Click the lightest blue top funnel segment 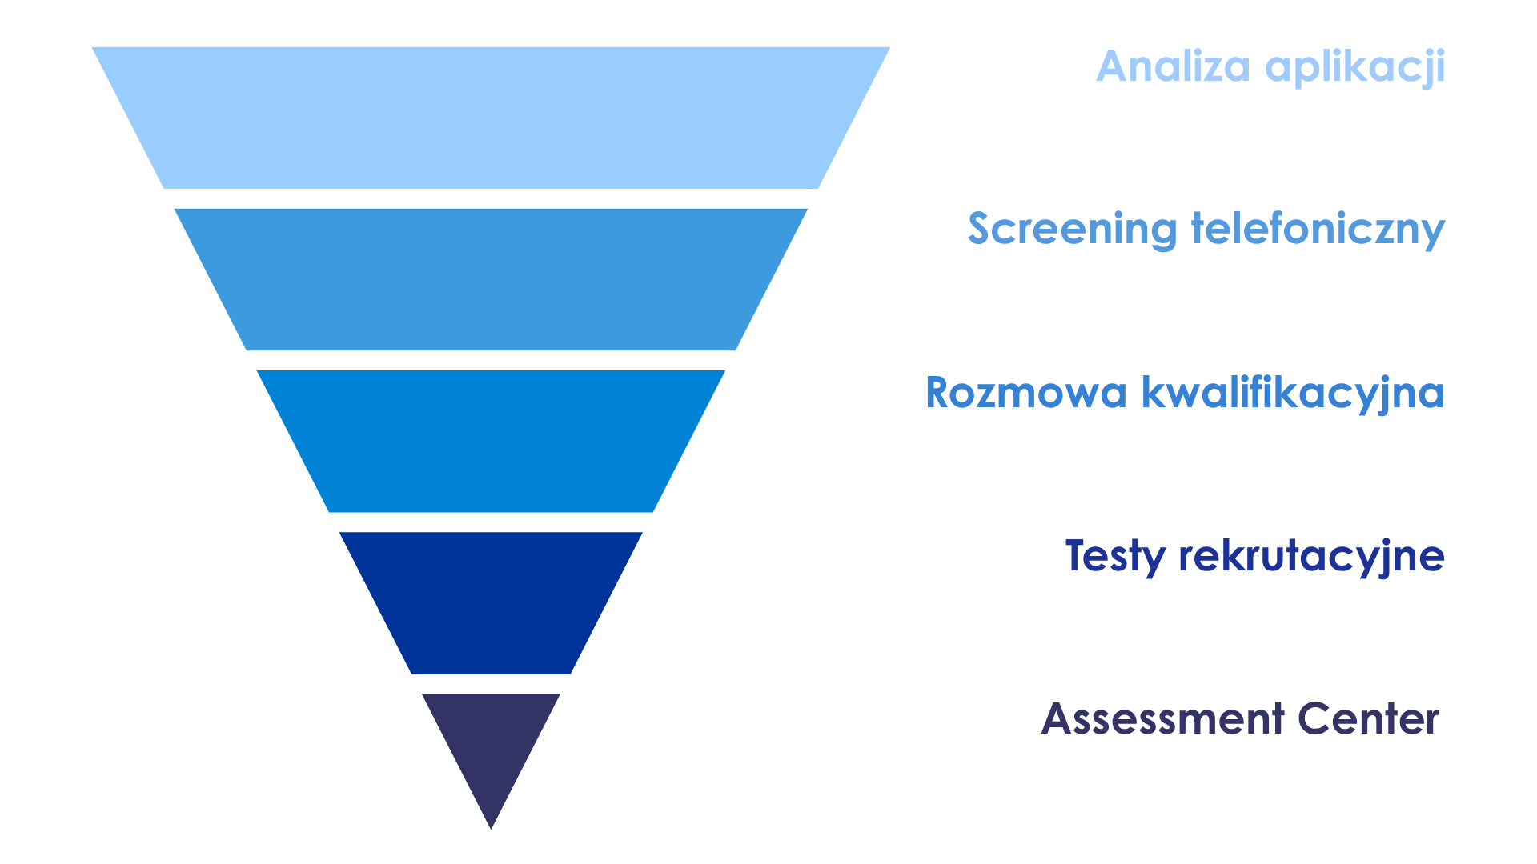(x=491, y=118)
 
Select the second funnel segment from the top (x=491, y=279)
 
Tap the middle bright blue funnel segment (x=491, y=441)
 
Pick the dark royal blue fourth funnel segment (x=491, y=603)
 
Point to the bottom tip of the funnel (x=491, y=829)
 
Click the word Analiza (x=1173, y=66)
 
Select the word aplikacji (x=1355, y=68)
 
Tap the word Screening (x=1073, y=229)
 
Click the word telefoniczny (x=1318, y=230)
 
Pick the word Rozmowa (x=1026, y=393)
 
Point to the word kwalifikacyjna (x=1293, y=394)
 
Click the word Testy (x=1115, y=557)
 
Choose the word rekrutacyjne (x=1312, y=557)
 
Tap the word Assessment (x=1163, y=718)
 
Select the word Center (x=1369, y=718)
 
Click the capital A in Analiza (x=1114, y=66)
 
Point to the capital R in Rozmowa (x=939, y=393)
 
